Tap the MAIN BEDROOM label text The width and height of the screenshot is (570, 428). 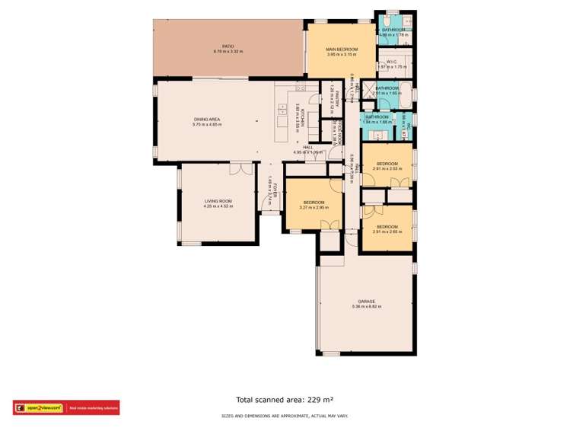342,50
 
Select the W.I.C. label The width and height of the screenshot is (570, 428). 393,61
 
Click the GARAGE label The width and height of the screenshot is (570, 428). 367,302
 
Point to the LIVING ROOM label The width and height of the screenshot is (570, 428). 218,200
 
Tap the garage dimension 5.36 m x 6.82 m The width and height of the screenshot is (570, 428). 367,307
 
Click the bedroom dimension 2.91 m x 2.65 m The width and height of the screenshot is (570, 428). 387,232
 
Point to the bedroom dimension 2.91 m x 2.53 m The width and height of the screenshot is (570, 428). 387,168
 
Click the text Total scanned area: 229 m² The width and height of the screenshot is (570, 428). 285,399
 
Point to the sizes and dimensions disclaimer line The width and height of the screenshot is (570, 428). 285,416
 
